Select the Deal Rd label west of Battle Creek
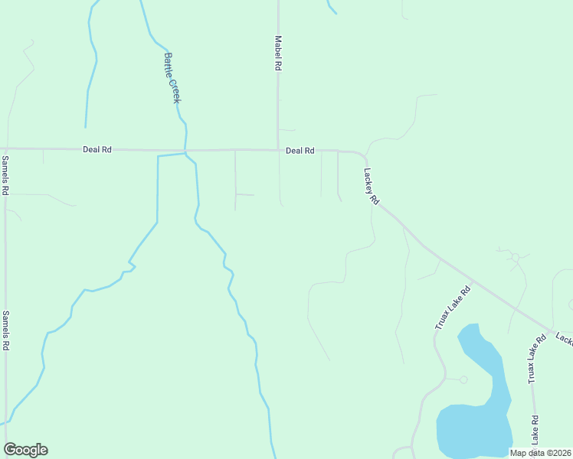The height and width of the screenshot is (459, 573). point(97,150)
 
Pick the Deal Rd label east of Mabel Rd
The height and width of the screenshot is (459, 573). point(300,151)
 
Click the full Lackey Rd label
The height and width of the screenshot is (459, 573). point(372,186)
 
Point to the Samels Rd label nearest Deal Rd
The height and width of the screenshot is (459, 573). point(5,175)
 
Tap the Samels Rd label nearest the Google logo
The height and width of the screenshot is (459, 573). point(5,330)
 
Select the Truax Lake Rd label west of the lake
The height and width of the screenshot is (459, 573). point(453,305)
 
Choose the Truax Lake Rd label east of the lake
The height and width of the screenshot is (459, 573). point(532,363)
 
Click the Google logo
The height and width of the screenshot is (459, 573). point(25,450)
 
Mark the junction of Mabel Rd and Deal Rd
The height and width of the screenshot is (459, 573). point(278,150)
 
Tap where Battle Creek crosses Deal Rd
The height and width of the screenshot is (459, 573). point(185,150)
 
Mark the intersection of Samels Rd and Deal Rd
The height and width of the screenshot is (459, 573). point(5,148)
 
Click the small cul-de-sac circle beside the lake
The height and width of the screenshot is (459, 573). point(463,379)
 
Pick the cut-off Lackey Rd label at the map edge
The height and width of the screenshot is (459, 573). point(564,338)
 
